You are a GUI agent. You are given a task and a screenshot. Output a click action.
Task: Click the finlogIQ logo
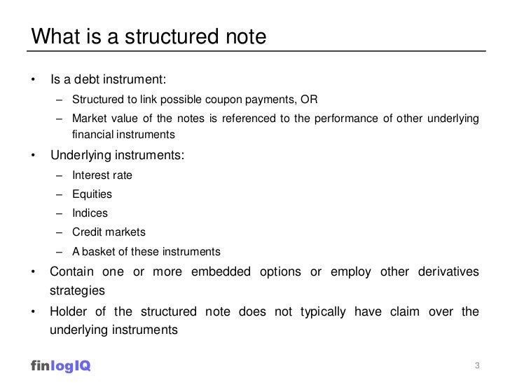coord(61,365)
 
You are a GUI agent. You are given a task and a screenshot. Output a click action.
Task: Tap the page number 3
coord(477,365)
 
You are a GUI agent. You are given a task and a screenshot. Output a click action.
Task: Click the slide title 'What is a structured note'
coord(149,36)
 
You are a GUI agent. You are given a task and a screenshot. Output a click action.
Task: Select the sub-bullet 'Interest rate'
coord(102,175)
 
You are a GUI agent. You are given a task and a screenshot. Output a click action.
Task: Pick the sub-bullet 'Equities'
coord(92,194)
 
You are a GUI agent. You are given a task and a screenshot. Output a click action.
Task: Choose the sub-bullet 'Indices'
coord(90,213)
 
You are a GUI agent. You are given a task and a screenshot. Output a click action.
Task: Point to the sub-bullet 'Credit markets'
coord(109,232)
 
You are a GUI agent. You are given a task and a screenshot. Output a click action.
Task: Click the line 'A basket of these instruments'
coord(146,251)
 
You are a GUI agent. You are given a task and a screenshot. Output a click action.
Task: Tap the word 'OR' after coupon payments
coord(309,99)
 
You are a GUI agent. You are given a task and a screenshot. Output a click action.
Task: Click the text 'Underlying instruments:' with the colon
coord(117,155)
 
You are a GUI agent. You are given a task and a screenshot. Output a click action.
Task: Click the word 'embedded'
coord(225,271)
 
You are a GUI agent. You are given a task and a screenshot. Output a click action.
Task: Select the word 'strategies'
coord(77,290)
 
